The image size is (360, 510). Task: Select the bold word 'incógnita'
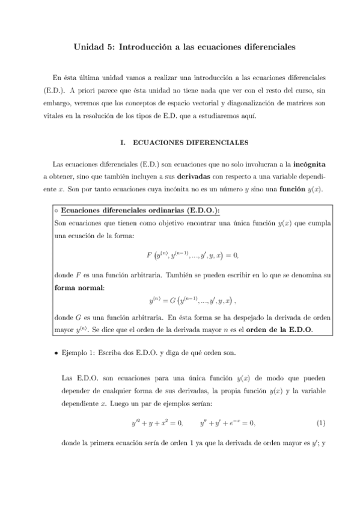click(307, 163)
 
